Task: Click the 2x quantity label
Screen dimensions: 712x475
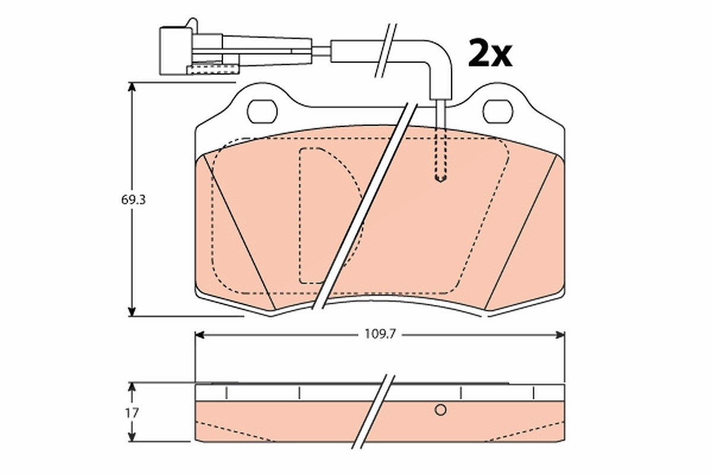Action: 490,53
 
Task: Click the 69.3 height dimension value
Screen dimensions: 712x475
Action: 133,200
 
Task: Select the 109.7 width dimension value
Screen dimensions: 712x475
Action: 380,334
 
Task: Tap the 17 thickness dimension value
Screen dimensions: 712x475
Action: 132,413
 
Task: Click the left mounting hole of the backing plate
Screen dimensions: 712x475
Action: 262,112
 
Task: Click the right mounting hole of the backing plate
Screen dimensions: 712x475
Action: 498,112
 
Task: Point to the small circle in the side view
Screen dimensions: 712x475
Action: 440,410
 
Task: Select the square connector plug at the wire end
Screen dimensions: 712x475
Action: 176,51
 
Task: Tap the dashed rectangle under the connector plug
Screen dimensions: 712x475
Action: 212,69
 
